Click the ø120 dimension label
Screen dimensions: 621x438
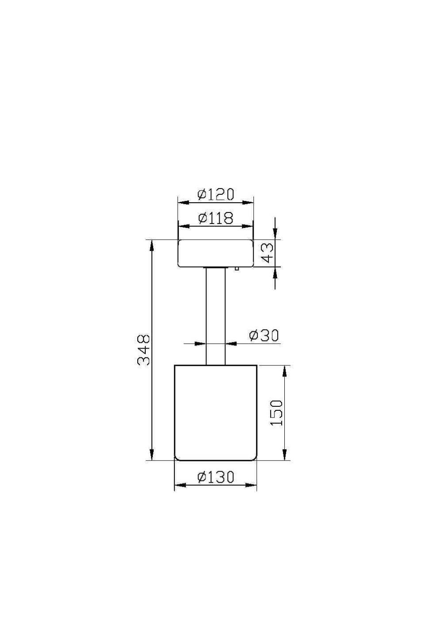(215, 194)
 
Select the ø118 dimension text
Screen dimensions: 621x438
(215, 218)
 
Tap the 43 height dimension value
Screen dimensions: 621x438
(267, 253)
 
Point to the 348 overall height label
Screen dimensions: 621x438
(144, 350)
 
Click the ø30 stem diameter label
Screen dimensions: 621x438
(264, 335)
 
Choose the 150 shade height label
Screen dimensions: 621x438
(276, 413)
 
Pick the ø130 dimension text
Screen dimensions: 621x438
(215, 477)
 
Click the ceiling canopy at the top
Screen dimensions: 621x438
(215, 253)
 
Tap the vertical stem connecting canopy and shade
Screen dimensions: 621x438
(216, 316)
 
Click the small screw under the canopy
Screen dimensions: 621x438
(237, 268)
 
